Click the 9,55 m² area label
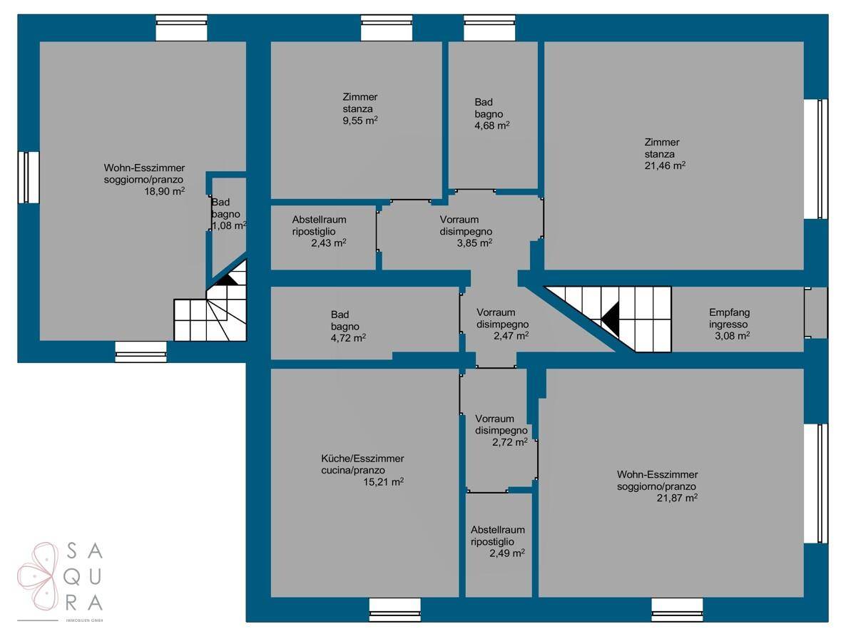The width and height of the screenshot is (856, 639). pyautogui.click(x=360, y=121)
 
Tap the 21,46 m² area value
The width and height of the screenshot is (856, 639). pyautogui.click(x=665, y=165)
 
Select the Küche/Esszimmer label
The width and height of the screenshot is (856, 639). pyautogui.click(x=362, y=458)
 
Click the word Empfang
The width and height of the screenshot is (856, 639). pyautogui.click(x=729, y=312)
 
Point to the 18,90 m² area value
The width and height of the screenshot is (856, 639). pyautogui.click(x=165, y=191)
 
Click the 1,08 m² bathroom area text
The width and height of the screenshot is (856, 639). pyautogui.click(x=229, y=225)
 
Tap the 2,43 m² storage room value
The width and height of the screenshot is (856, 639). pyautogui.click(x=329, y=243)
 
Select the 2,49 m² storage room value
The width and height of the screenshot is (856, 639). pyautogui.click(x=507, y=553)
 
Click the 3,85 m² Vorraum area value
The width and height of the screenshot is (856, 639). pyautogui.click(x=474, y=243)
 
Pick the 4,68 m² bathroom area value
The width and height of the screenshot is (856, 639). pyautogui.click(x=491, y=126)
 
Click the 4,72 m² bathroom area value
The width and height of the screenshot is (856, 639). pyautogui.click(x=348, y=338)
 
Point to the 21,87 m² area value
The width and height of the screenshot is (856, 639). pyautogui.click(x=677, y=498)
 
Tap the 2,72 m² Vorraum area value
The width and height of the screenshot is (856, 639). pyautogui.click(x=510, y=442)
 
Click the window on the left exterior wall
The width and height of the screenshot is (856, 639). pyautogui.click(x=29, y=178)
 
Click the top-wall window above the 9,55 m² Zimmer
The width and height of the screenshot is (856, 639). pyautogui.click(x=386, y=28)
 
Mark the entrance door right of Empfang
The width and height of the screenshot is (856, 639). pyautogui.click(x=815, y=312)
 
